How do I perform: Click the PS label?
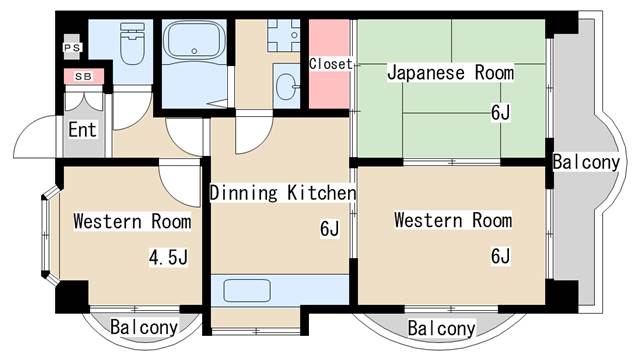coord(72,47)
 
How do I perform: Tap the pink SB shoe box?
coord(83,76)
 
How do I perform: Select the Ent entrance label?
coord(82,129)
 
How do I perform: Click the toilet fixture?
coord(131,46)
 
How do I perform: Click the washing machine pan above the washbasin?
coord(284,35)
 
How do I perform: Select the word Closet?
coord(330,64)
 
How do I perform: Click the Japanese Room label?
coord(450,72)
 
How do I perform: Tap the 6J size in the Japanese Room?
coord(500,112)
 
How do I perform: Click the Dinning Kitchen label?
coord(283,192)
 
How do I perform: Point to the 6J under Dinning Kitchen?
coord(330,231)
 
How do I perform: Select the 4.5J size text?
coord(168,259)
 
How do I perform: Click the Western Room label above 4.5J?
coord(124,220)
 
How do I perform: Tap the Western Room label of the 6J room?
coord(452,220)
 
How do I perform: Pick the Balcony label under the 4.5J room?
coord(144,327)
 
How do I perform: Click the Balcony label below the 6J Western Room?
coord(441,328)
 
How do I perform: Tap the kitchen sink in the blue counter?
coord(245,291)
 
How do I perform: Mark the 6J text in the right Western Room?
coord(500,257)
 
